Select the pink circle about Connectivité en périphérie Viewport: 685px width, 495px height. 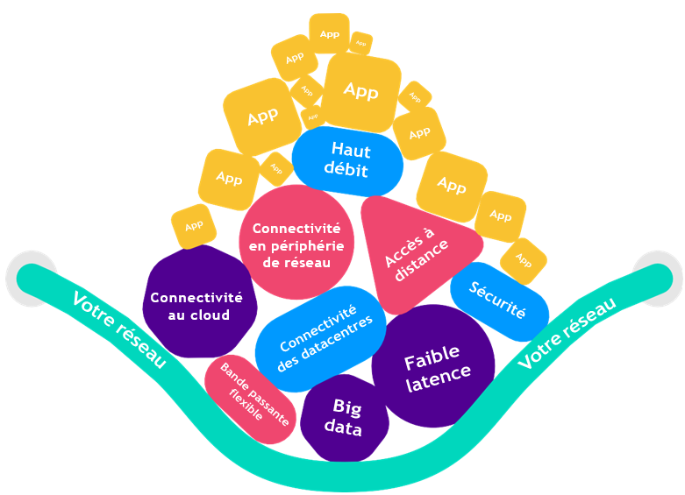click(296, 242)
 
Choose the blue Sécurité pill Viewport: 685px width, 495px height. click(499, 301)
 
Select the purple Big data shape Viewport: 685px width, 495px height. click(343, 418)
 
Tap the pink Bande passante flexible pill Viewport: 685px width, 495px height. click(248, 389)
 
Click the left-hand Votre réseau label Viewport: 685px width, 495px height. click(119, 329)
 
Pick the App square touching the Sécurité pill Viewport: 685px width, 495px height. click(524, 260)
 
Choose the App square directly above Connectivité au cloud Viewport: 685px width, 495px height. click(193, 226)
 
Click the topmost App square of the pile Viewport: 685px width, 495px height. click(330, 33)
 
